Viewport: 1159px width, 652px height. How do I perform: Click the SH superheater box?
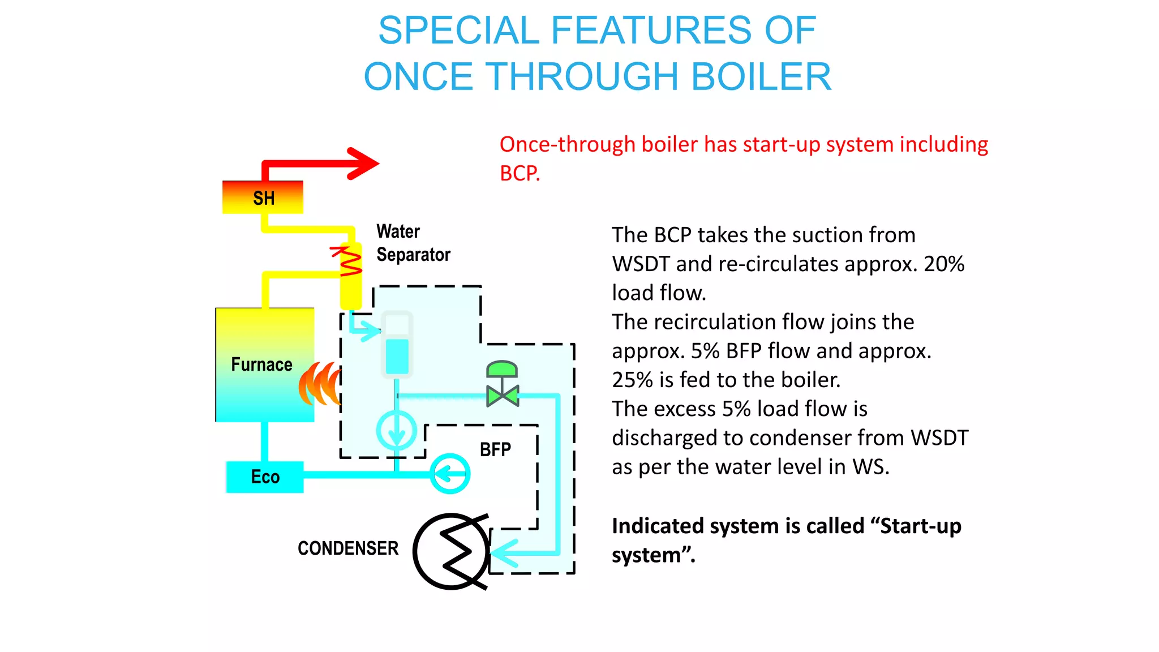point(263,198)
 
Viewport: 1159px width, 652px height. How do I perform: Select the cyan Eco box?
point(265,477)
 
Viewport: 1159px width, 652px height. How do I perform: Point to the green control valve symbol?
point(502,385)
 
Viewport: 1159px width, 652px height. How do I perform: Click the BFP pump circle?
point(450,473)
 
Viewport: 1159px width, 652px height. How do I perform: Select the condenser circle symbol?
point(452,551)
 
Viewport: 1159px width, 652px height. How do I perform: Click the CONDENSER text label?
point(348,548)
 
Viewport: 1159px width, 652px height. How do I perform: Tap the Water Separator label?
point(413,243)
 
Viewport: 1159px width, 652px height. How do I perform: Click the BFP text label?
point(495,449)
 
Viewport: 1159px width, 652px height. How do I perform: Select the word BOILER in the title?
point(761,77)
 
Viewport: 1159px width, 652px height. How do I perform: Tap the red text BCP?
point(520,173)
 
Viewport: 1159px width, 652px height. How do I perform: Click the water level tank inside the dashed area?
point(397,344)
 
